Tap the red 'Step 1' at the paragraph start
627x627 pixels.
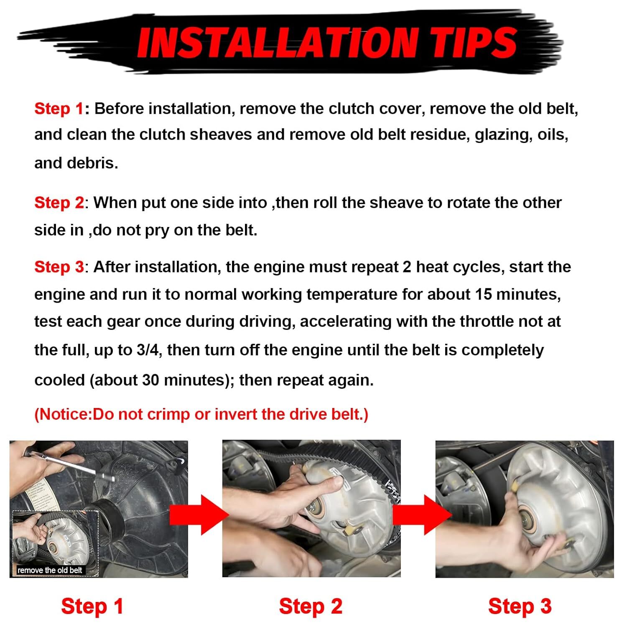(x=59, y=109)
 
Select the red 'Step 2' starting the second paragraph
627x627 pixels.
(x=59, y=203)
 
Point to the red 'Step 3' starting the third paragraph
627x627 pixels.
(x=59, y=267)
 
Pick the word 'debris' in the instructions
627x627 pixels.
(x=74, y=163)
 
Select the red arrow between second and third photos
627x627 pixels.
(x=420, y=515)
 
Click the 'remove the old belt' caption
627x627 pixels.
(x=50, y=570)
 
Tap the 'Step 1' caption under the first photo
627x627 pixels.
(x=92, y=607)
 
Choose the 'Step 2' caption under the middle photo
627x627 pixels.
(x=311, y=607)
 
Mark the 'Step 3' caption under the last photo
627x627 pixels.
(x=520, y=607)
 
